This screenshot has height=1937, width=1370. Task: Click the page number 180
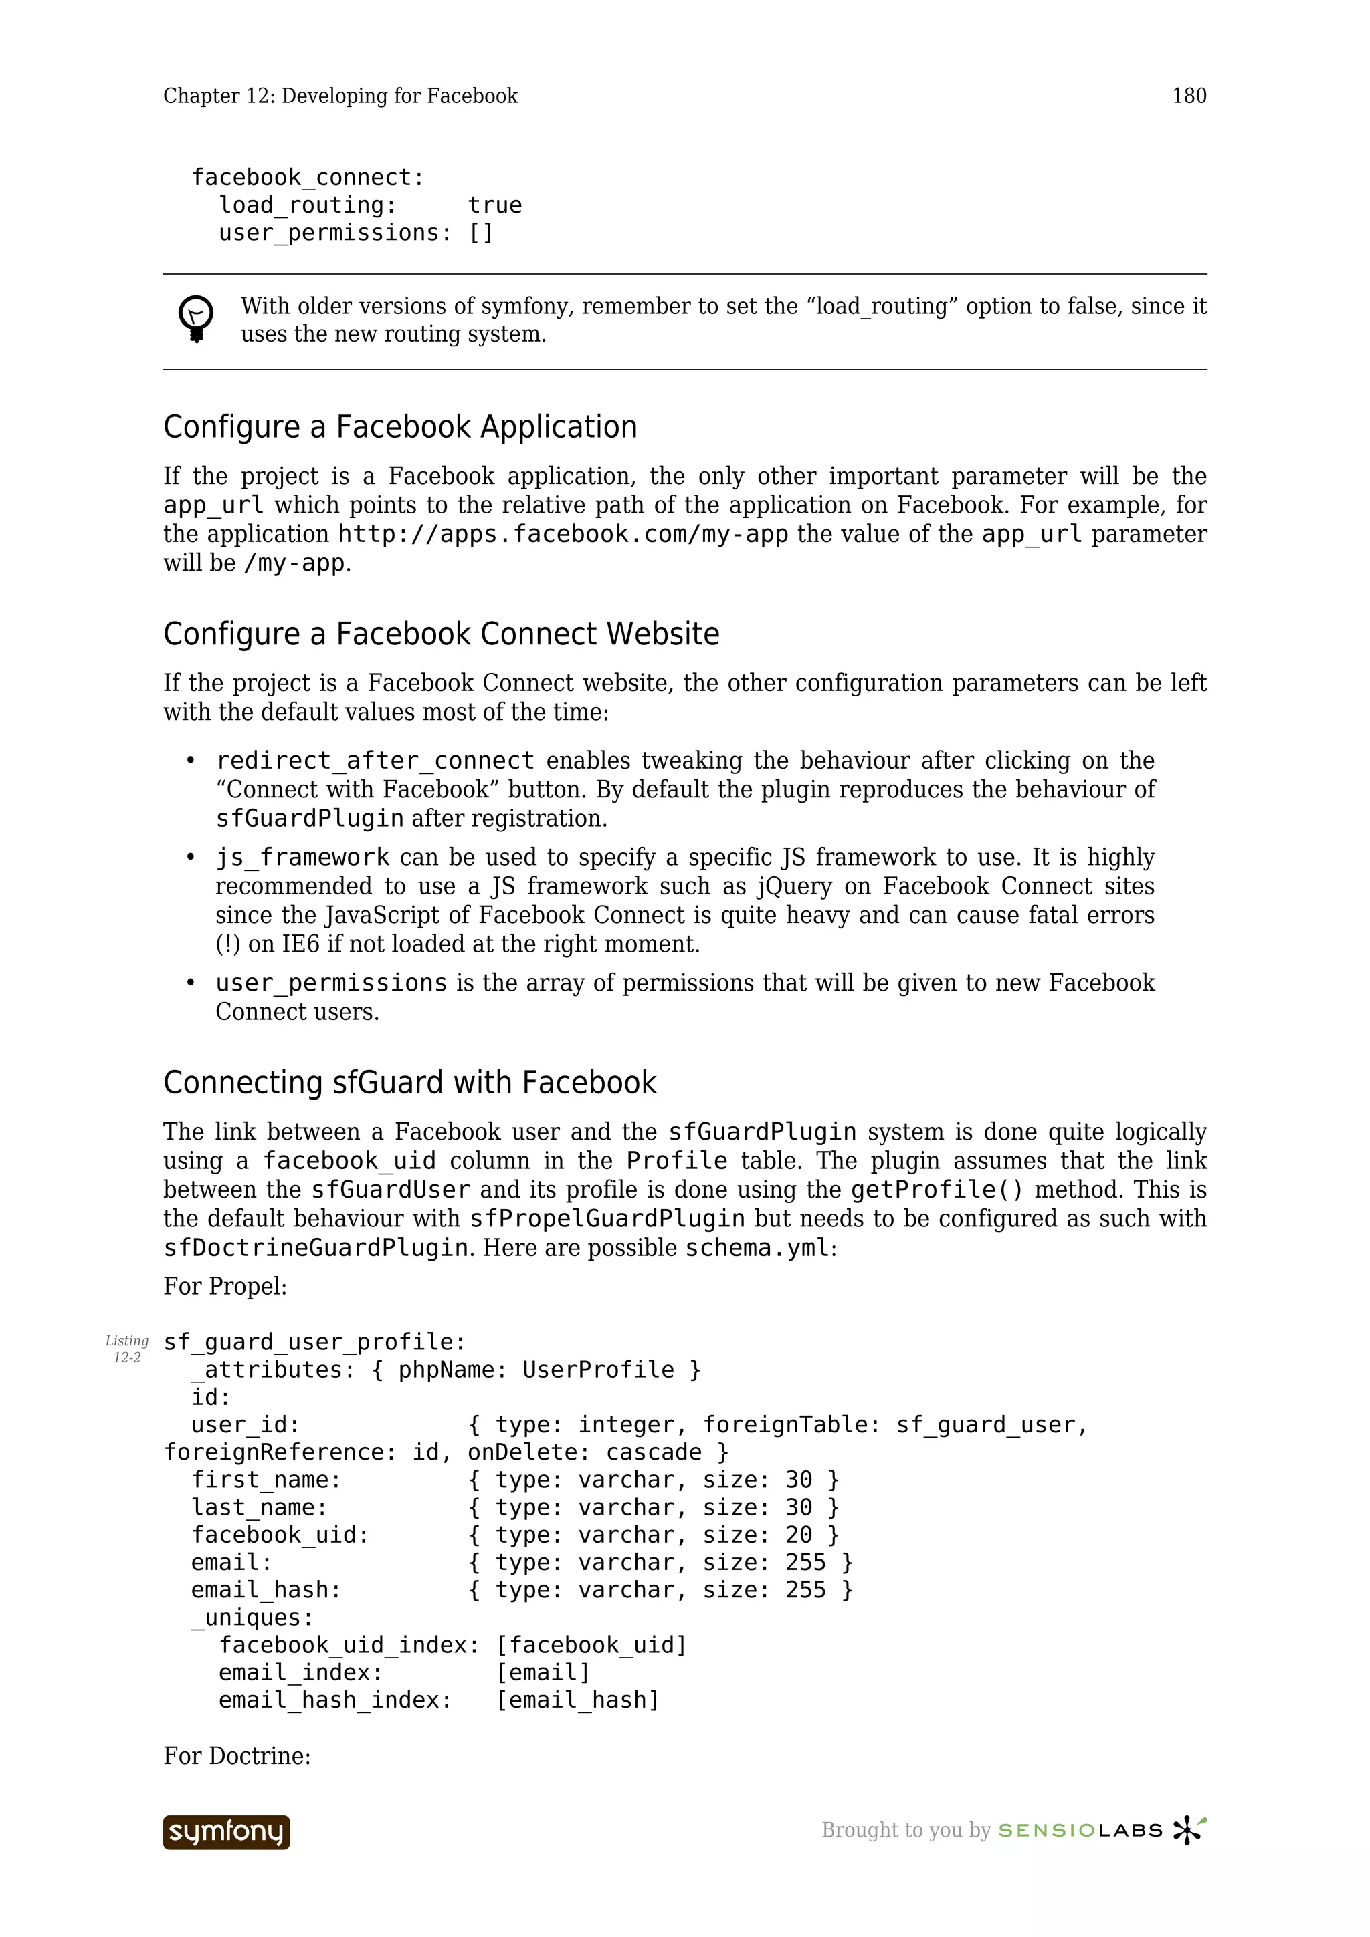click(1189, 96)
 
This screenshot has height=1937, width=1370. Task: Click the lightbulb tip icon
click(196, 319)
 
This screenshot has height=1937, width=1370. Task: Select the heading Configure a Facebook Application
click(400, 427)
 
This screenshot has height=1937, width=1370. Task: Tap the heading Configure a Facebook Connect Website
click(441, 634)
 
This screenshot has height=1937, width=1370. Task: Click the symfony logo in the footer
click(226, 1831)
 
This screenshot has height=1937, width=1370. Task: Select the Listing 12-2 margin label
click(126, 1348)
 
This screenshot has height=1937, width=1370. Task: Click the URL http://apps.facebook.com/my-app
click(563, 534)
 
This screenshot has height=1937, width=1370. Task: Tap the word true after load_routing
click(494, 205)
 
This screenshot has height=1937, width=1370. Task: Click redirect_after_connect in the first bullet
click(375, 760)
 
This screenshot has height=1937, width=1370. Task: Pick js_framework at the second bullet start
click(302, 857)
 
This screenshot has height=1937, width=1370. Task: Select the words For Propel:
click(225, 1286)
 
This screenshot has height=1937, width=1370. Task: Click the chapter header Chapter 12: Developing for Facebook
click(340, 96)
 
